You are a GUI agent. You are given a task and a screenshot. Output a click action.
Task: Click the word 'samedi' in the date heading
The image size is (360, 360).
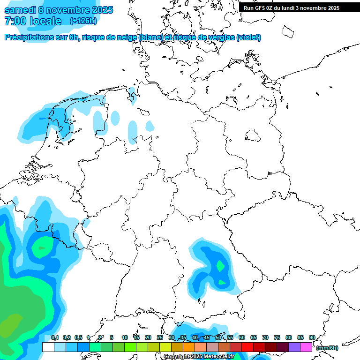pos(20,10)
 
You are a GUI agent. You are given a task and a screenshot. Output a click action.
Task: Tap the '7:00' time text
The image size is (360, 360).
pos(15,21)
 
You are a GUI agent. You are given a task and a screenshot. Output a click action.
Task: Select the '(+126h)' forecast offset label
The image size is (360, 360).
pos(83,21)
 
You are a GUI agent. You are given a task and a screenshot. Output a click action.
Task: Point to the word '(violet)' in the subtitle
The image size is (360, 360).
pos(248,37)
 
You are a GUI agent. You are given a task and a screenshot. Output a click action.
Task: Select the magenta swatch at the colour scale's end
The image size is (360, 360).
pos(306,347)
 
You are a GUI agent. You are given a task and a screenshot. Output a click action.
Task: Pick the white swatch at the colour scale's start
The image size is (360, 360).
pos(48,347)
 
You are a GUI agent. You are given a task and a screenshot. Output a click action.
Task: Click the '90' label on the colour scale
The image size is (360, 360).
pos(312,337)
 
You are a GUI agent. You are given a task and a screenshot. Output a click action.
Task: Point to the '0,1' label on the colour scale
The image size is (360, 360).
pos(55,337)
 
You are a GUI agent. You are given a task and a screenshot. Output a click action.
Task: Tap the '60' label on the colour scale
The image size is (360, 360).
pos(242,337)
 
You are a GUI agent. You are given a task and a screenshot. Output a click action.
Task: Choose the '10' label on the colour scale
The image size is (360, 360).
pos(124,337)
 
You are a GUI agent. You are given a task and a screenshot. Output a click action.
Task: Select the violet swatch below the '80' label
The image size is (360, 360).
pos(294,347)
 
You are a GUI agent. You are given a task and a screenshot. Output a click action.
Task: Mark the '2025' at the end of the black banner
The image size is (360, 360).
pos(332,7)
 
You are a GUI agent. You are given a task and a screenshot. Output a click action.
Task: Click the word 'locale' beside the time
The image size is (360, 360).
pos(46,21)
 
